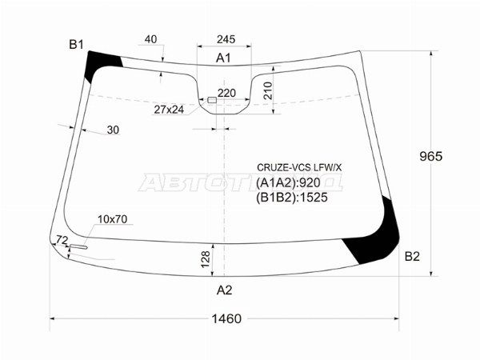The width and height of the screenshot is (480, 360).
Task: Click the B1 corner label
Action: click(x=76, y=45)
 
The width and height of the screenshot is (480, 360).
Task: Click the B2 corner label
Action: click(x=411, y=256)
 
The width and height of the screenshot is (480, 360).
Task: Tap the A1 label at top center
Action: click(x=224, y=58)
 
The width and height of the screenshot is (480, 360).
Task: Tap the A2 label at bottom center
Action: click(x=225, y=290)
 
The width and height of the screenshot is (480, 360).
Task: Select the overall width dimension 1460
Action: click(x=226, y=318)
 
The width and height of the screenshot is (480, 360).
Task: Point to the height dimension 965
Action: click(x=429, y=156)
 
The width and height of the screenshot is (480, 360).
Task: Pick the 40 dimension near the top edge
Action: click(x=151, y=39)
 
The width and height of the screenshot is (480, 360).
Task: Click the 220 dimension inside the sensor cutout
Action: click(x=227, y=93)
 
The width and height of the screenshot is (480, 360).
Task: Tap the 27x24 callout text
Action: click(x=169, y=109)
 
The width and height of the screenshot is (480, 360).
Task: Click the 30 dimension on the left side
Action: click(x=112, y=130)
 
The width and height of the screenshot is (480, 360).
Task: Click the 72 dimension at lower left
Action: click(x=62, y=239)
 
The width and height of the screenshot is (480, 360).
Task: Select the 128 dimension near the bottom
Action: click(x=206, y=258)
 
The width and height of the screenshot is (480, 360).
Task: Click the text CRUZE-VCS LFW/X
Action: click(x=298, y=167)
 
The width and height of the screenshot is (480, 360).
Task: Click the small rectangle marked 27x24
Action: click(x=211, y=100)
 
